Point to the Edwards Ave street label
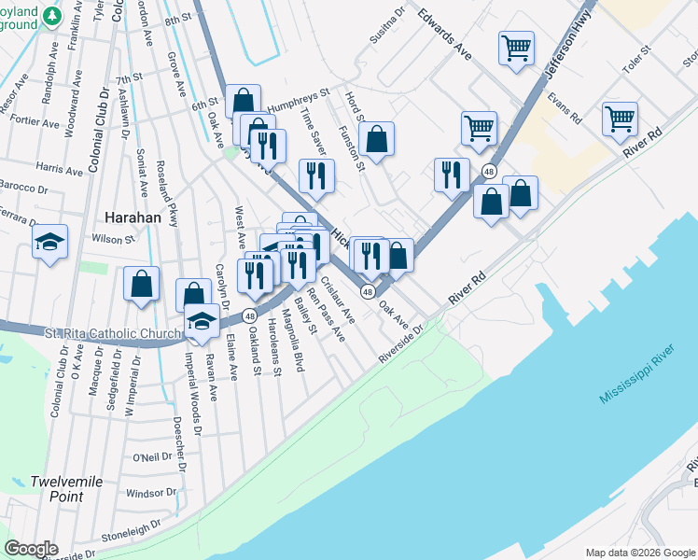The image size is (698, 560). (x=444, y=36)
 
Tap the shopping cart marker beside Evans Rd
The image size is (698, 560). (x=620, y=119)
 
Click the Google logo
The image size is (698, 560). (x=32, y=549)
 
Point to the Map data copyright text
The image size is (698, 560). (x=639, y=553)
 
